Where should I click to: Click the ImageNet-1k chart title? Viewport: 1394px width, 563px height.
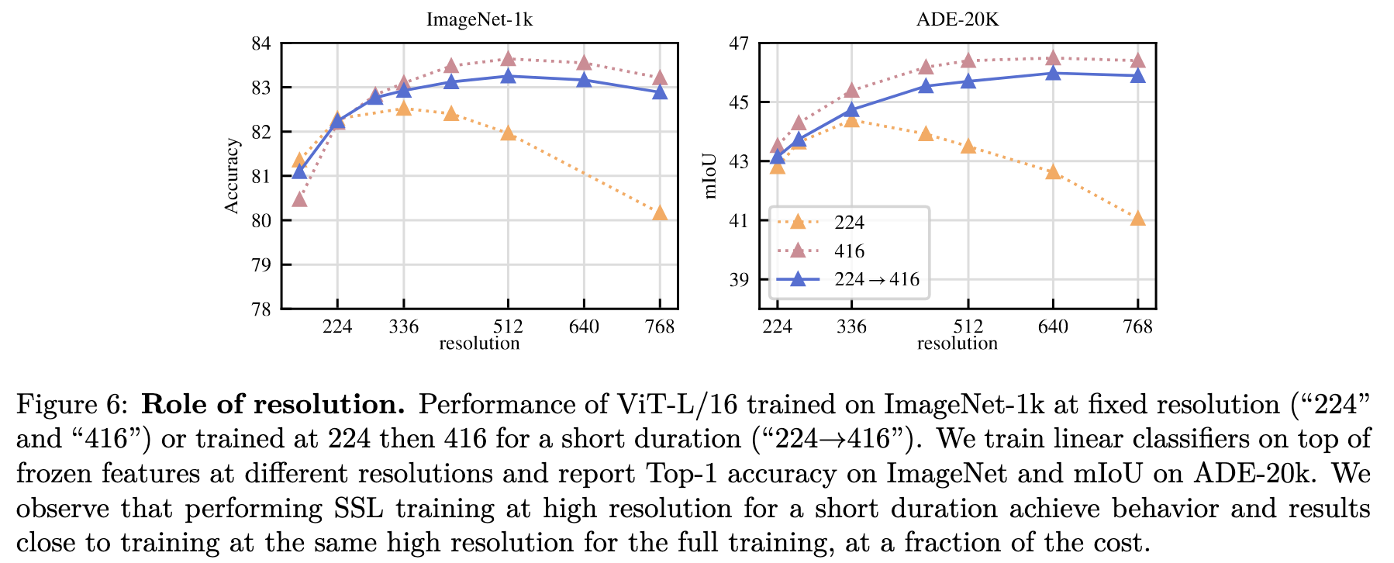point(479,19)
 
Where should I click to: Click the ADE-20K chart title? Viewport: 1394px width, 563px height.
point(958,19)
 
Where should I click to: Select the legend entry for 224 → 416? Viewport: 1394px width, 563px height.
point(877,280)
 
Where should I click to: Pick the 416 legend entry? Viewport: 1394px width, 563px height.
point(849,251)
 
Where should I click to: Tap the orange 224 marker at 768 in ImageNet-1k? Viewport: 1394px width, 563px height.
point(660,213)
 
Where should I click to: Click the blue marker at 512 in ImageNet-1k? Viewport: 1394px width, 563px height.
point(509,76)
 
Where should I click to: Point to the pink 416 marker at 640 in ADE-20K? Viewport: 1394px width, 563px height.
point(1053,58)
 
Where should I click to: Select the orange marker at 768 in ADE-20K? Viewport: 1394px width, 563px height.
point(1137,219)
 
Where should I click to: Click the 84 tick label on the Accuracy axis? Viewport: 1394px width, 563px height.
point(261,43)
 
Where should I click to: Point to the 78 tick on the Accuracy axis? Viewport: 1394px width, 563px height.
point(261,309)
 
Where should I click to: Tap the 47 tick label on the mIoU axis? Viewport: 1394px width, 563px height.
point(739,43)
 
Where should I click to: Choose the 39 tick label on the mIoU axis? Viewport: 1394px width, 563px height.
point(739,280)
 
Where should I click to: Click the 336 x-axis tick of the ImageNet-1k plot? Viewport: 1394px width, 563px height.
point(404,326)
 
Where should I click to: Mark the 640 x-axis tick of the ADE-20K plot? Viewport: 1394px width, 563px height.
point(1053,326)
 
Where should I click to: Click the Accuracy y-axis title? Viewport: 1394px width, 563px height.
point(231,176)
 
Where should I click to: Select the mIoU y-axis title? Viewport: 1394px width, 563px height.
point(710,176)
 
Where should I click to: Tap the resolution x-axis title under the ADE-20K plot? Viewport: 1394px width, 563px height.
point(958,344)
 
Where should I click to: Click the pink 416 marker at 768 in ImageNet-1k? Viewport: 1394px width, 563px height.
point(660,78)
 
